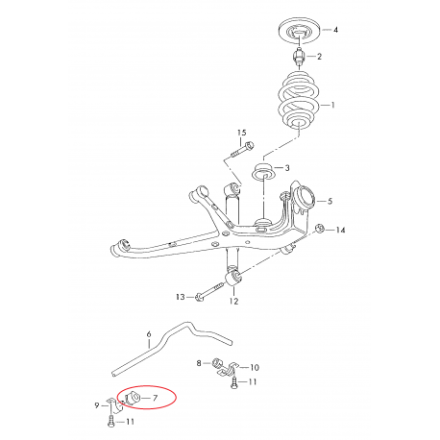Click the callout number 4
335,32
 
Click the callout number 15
241,132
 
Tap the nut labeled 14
319,229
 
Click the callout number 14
340,231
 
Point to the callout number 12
232,301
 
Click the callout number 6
150,335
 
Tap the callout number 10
255,367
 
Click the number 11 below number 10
254,382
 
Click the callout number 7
156,396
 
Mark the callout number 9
98,405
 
